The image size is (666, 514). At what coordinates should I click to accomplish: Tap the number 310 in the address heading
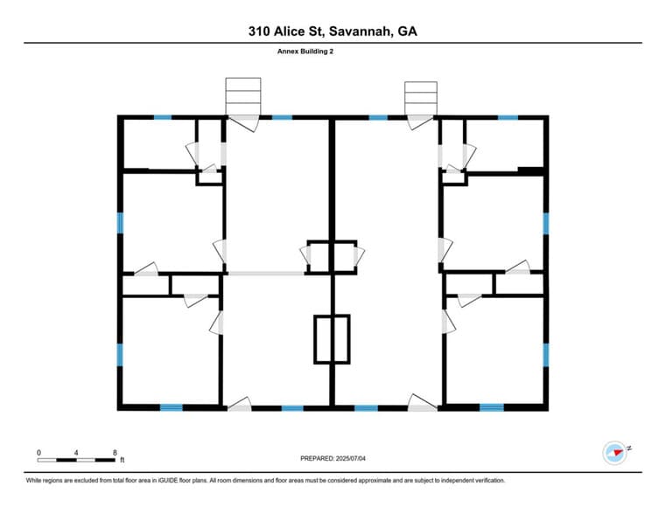click(261, 31)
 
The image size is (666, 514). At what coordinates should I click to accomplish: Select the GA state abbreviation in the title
click(407, 31)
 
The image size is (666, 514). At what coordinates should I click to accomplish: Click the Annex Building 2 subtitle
click(305, 52)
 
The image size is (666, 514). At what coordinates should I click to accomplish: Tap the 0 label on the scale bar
click(39, 452)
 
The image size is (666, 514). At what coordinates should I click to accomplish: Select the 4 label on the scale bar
click(77, 452)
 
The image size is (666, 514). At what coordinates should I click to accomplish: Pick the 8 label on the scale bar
click(116, 452)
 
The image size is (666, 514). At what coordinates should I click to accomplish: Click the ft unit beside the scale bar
click(123, 460)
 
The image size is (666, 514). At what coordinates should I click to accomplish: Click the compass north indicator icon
click(616, 452)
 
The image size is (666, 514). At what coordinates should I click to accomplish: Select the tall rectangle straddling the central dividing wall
click(332, 339)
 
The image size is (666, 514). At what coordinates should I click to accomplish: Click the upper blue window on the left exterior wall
click(121, 222)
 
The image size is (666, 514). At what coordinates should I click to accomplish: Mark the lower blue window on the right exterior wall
click(545, 354)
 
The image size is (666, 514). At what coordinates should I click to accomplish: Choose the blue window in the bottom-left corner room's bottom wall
click(172, 407)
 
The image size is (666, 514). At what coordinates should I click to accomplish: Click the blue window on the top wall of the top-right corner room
click(508, 117)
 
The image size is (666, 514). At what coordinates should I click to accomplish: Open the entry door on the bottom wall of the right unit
click(423, 404)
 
